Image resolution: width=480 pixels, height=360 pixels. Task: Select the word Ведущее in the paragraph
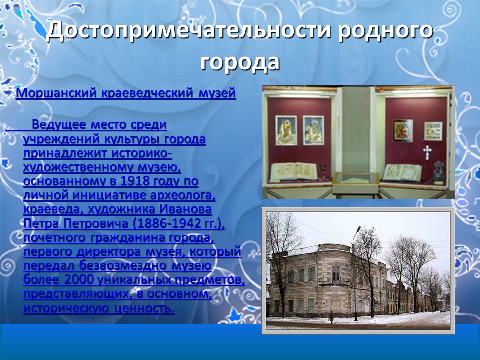[x=56, y=125]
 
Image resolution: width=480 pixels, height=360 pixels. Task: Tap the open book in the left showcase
[x=293, y=171]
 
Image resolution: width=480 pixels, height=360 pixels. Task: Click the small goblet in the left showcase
[x=323, y=170]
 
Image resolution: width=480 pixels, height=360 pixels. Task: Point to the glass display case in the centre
[x=355, y=178]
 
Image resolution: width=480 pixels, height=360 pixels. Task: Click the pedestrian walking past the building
[x=331, y=317]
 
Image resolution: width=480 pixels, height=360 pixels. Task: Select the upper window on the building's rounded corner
[x=336, y=274]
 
